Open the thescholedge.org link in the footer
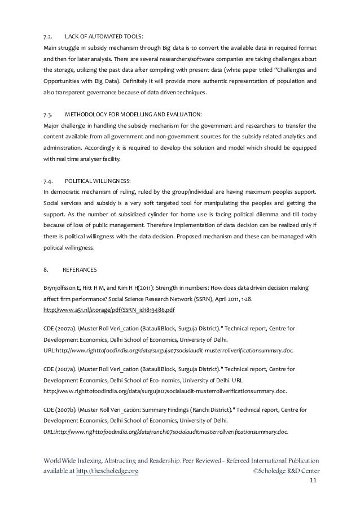pos(106,470)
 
